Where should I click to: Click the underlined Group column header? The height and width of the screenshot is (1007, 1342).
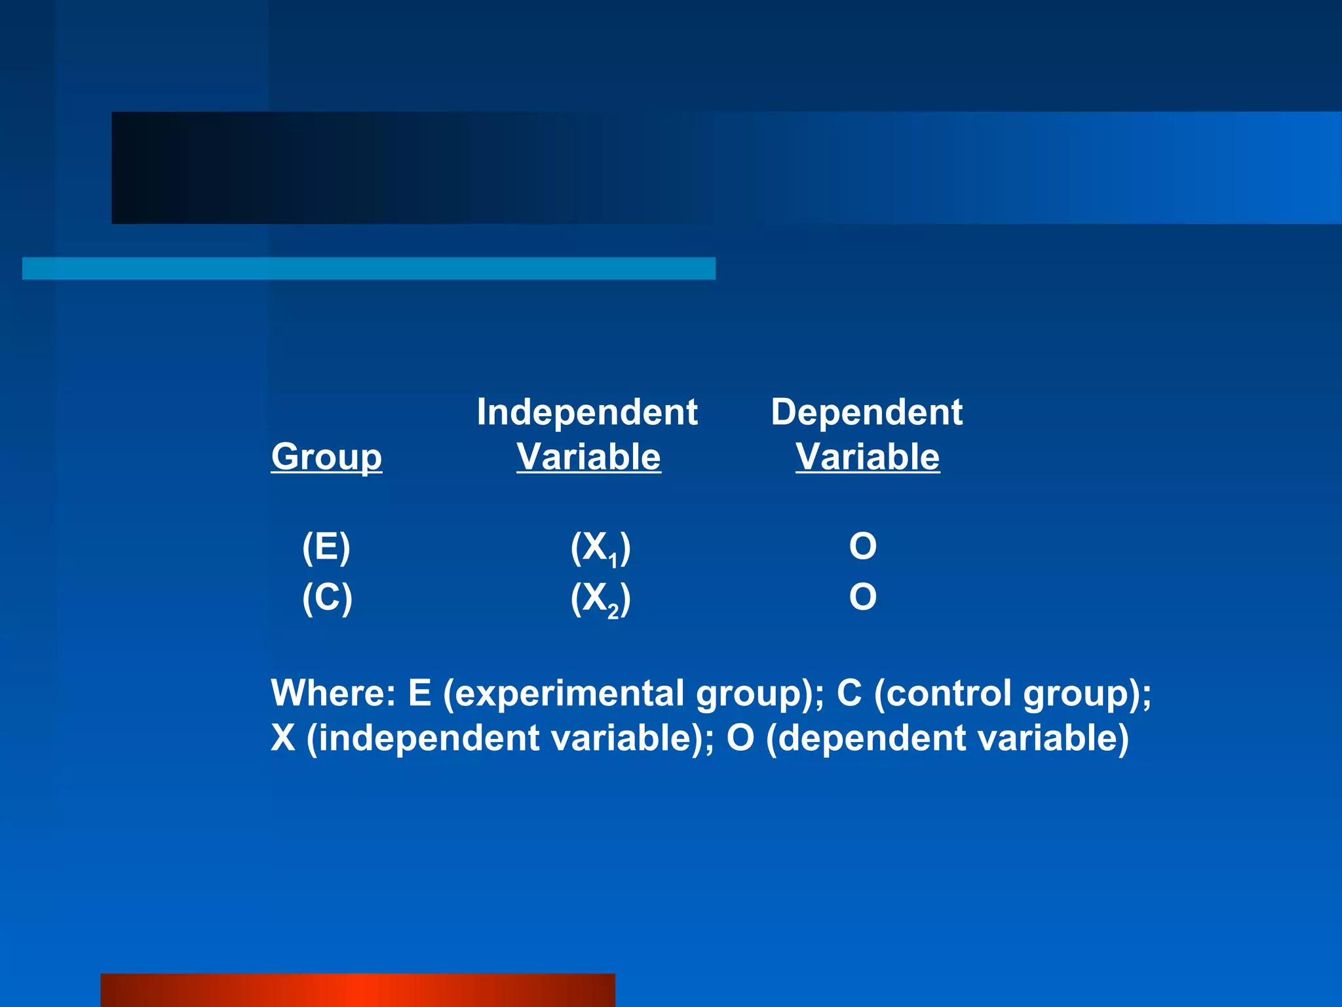click(326, 457)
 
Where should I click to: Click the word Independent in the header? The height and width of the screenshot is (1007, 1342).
click(587, 412)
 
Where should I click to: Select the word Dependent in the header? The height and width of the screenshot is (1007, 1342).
click(866, 412)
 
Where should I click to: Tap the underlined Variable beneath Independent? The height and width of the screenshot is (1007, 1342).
click(588, 457)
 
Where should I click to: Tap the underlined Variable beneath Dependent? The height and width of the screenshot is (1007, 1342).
click(868, 457)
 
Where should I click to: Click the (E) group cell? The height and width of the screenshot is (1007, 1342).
click(326, 547)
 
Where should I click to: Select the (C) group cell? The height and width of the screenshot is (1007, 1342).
click(327, 597)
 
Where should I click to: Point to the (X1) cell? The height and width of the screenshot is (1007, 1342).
click(600, 548)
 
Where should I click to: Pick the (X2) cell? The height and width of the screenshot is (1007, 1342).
click(600, 599)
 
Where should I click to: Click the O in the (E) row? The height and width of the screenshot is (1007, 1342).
click(862, 547)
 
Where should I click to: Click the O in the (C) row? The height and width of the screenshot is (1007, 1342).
click(862, 597)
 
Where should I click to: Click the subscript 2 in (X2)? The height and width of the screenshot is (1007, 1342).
click(613, 612)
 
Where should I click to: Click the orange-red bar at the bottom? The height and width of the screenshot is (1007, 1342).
click(358, 990)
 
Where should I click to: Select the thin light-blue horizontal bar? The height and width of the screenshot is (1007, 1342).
click(368, 269)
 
